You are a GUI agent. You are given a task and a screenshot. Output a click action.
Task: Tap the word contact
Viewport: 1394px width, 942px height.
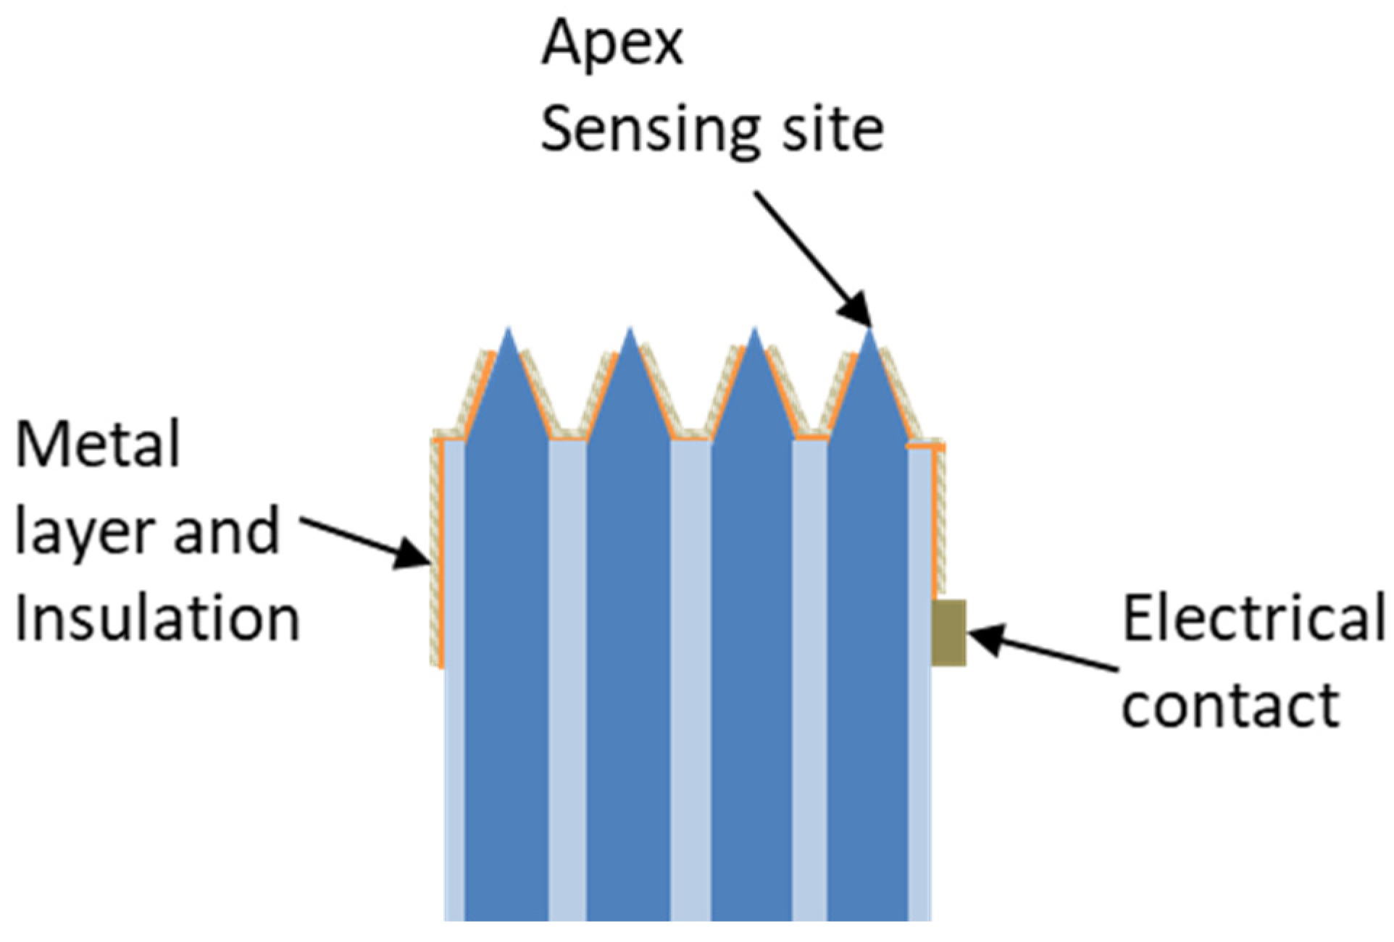tap(1230, 704)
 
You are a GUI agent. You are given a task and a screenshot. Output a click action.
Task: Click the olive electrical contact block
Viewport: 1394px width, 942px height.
tap(948, 632)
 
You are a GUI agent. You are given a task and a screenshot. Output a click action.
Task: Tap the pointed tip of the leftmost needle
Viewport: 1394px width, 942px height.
tap(509, 331)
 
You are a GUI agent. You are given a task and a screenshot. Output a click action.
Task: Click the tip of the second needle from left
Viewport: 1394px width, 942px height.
tap(630, 331)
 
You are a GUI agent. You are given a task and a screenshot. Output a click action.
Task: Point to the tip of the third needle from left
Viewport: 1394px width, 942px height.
tap(754, 331)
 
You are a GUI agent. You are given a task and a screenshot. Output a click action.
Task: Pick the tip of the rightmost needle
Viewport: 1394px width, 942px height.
tap(869, 331)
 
